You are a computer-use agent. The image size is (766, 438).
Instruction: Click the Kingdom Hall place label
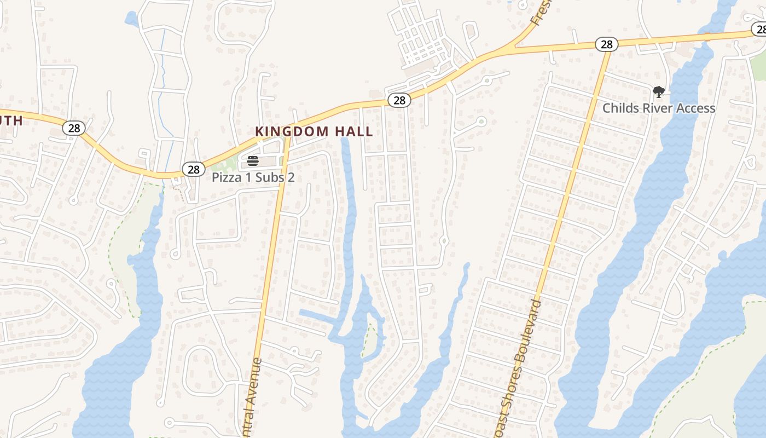point(314,131)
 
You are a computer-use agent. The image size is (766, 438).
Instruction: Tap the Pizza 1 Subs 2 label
point(253,177)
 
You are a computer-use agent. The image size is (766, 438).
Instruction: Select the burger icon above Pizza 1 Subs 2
point(252,160)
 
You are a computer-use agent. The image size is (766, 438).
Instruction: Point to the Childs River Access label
point(659,108)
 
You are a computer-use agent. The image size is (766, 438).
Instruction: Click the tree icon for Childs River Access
point(659,91)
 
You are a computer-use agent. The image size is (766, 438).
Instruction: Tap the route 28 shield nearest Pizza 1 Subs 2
point(193,169)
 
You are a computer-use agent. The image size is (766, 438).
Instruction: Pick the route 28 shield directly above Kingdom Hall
point(399,100)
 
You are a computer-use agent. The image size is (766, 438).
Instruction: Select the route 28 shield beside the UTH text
point(74,128)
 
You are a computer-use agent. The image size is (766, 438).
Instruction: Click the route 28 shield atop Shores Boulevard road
point(606,44)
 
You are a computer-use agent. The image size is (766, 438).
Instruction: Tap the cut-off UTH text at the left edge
point(11,120)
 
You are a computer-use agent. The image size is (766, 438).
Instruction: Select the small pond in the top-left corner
point(131,19)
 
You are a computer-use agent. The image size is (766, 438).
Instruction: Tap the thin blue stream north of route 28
point(162,71)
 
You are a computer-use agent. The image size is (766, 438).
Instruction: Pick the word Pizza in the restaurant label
point(225,177)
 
